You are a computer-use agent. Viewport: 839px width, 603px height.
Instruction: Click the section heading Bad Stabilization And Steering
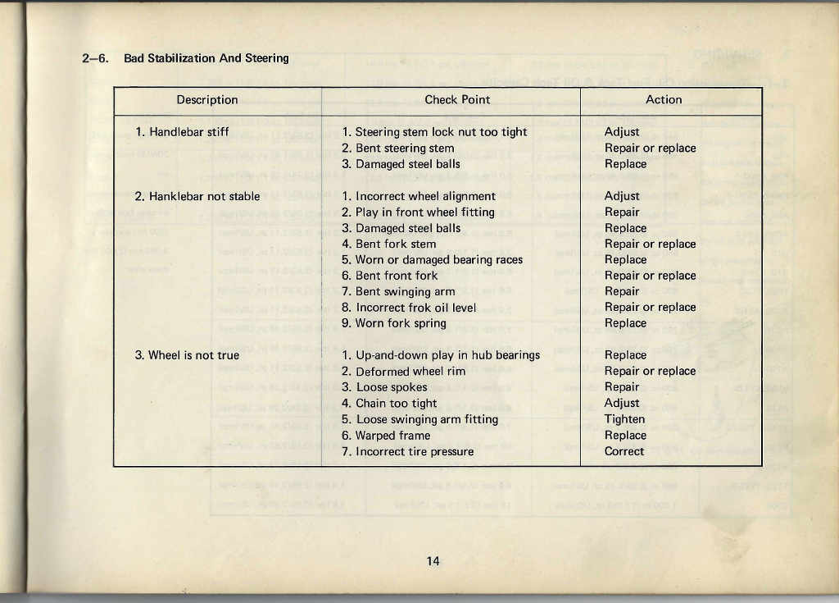(206, 58)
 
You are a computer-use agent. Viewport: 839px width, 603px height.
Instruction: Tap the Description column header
(207, 100)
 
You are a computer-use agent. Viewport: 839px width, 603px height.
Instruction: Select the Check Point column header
(457, 100)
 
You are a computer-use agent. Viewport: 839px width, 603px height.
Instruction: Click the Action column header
(664, 100)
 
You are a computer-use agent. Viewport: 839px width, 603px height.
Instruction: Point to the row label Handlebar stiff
(182, 132)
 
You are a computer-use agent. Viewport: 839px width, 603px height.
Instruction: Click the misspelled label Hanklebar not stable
(197, 196)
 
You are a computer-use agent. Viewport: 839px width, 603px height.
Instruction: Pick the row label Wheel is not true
(187, 355)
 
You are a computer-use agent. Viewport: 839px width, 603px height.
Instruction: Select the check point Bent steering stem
(398, 148)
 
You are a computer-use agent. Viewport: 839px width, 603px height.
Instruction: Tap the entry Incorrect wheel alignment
(419, 196)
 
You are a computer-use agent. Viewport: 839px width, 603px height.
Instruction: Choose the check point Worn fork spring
(394, 323)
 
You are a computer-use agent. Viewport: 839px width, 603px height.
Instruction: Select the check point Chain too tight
(389, 403)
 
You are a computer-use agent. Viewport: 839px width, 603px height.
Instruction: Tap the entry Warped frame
(386, 436)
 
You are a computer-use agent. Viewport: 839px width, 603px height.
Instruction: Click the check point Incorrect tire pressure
(407, 451)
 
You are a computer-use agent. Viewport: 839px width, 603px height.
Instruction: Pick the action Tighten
(624, 419)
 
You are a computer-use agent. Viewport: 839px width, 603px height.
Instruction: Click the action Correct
(624, 451)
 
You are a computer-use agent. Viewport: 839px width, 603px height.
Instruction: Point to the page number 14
(433, 561)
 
